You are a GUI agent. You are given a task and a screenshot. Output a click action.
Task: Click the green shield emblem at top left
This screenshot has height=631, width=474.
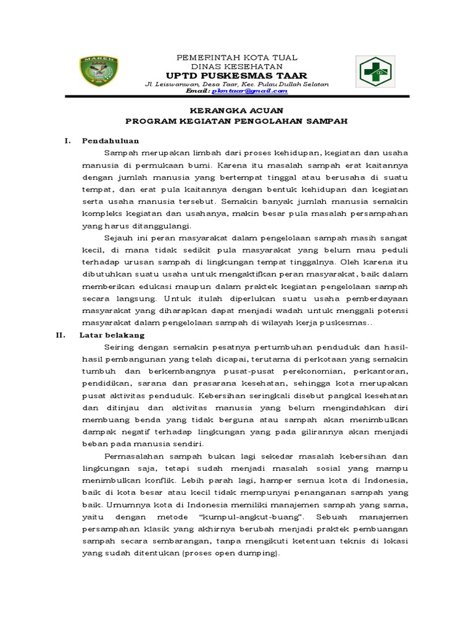(99, 71)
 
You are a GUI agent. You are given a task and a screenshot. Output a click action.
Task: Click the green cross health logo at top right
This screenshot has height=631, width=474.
(374, 71)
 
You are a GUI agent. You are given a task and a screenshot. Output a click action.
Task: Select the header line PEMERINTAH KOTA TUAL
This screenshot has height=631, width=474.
(237, 57)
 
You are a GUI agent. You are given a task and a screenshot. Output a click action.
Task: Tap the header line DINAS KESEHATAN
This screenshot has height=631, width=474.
(237, 66)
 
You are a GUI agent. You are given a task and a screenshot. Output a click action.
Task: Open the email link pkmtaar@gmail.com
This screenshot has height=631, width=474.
(249, 91)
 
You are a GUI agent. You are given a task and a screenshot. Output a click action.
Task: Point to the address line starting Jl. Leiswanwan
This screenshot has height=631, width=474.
(237, 83)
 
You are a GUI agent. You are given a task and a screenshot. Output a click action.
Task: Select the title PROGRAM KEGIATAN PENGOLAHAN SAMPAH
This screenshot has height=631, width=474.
(237, 121)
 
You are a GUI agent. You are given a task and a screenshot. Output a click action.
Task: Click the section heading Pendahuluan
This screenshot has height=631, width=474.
(110, 140)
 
